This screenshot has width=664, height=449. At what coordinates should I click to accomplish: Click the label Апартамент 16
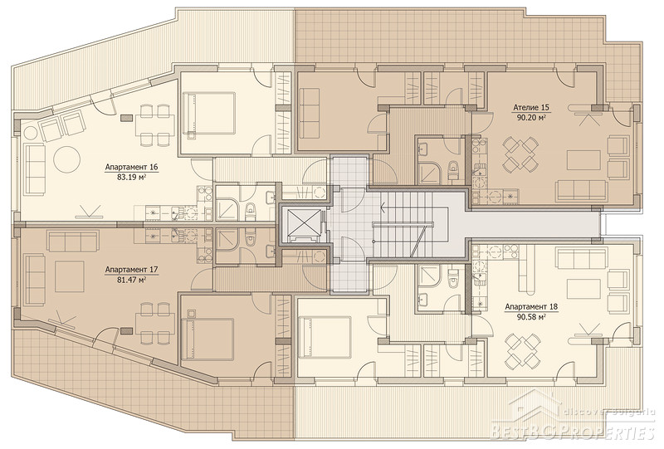tap(131, 167)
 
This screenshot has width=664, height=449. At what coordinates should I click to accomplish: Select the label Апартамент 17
tap(131, 269)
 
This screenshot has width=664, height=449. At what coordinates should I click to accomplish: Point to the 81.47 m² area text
tap(131, 280)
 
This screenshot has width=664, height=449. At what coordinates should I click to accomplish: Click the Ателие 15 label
tap(530, 107)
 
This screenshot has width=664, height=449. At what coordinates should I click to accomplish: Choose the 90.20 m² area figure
tap(530, 118)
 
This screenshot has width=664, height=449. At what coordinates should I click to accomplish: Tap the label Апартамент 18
tap(530, 307)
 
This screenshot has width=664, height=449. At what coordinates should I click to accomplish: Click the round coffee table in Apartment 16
tap(67, 159)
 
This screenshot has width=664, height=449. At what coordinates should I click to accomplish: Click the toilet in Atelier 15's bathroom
tap(453, 170)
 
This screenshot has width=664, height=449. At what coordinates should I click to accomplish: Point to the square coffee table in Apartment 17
tap(70, 276)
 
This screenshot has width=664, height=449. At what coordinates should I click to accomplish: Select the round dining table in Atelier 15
tap(520, 154)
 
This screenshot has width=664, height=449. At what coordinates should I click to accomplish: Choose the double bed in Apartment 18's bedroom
tap(324, 337)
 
